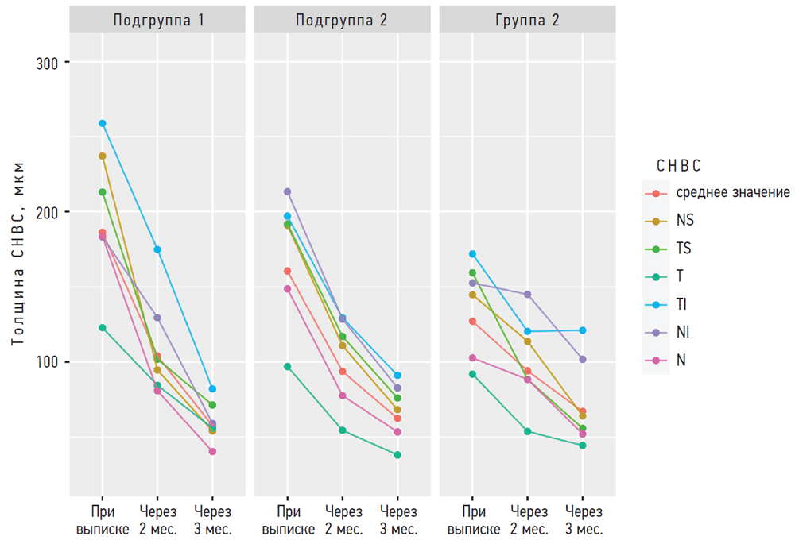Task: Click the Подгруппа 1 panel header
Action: tap(157, 21)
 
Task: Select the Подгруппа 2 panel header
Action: tap(342, 21)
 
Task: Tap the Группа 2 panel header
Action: tap(527, 21)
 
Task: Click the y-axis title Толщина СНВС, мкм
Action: tap(18, 253)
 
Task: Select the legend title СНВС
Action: tap(678, 165)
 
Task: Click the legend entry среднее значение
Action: tap(732, 193)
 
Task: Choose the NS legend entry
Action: tap(684, 221)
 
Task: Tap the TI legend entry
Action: tap(682, 305)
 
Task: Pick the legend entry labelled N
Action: tap(681, 361)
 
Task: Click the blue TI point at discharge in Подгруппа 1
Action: tap(103, 124)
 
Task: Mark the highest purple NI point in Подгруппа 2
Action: tap(287, 191)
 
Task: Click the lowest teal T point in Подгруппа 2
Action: tap(397, 455)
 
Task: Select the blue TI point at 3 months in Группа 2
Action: tap(583, 330)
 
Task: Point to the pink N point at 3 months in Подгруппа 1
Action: tap(212, 452)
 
